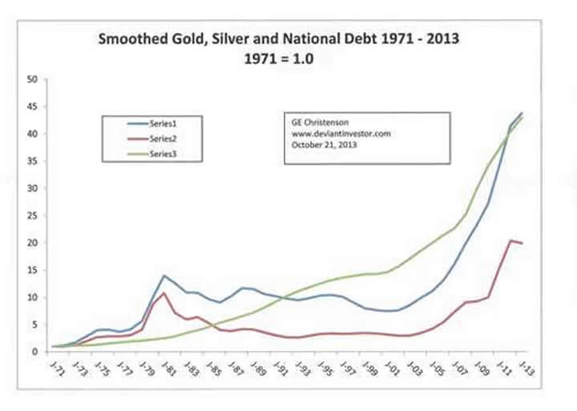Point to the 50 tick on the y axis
tap(33, 79)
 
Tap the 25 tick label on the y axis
tap(33, 216)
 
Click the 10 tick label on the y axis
tap(33, 297)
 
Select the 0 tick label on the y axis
tap(35, 352)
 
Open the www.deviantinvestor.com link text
tap(341, 134)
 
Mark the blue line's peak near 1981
tap(164, 276)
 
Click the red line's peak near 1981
tap(164, 292)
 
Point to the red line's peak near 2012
tap(511, 240)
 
